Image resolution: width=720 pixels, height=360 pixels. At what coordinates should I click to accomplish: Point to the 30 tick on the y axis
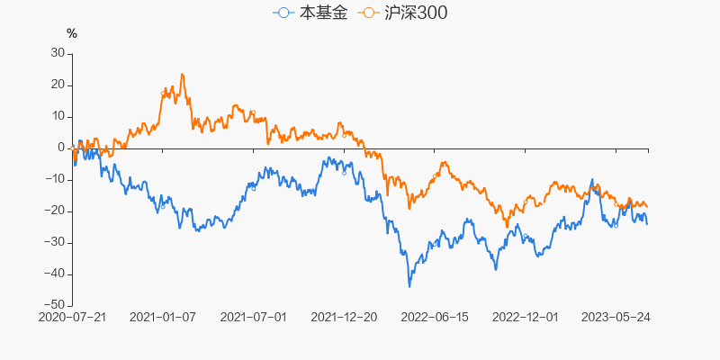coord(58,53)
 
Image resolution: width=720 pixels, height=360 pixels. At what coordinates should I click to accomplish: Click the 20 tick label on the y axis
coord(58,85)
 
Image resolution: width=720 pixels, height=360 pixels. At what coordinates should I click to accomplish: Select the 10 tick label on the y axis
coord(58,116)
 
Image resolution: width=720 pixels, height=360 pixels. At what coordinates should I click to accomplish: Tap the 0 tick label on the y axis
coord(61,148)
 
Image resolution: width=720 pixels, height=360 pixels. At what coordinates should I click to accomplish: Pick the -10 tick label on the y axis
coord(55,179)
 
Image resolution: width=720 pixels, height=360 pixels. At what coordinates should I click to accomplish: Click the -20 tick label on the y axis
coord(55,211)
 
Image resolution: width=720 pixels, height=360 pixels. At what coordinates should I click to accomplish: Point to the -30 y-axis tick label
coord(55,242)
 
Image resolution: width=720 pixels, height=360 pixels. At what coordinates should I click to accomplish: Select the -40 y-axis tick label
coord(55,274)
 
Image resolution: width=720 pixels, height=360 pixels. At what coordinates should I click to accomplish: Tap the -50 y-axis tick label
coord(55,305)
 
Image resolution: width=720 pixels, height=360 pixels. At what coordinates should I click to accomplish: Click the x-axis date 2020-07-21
coord(73,318)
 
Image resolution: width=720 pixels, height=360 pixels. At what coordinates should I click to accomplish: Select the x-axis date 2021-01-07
coord(163,318)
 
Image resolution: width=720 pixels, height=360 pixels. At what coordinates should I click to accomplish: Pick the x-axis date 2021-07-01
coord(253,318)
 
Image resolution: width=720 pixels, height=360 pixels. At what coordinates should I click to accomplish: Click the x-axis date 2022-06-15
coord(434,318)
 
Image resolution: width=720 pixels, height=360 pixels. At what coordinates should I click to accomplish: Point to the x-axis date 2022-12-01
coord(526,318)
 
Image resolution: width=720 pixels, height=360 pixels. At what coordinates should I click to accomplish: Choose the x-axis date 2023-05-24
coord(616,318)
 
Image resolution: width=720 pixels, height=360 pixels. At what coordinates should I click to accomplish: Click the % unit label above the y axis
coord(72,34)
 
